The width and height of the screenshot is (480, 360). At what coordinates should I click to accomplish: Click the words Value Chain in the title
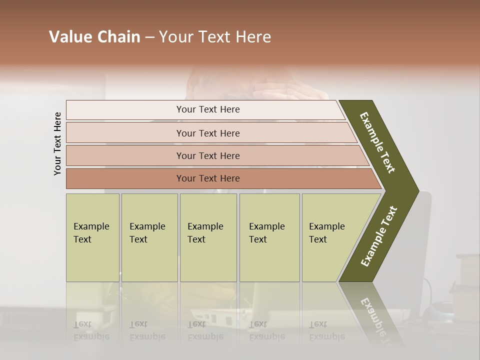[94, 37]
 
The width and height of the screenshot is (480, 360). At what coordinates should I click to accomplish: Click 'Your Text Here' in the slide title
[215, 37]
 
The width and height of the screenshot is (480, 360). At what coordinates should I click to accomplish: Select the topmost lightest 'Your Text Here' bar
[207, 109]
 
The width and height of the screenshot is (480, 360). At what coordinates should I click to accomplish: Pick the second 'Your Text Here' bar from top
[207, 133]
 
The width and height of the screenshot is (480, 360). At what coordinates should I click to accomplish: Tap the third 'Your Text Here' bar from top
[207, 155]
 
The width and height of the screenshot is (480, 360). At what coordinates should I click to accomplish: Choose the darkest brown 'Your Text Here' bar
[207, 178]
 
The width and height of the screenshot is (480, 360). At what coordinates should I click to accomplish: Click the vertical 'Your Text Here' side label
[57, 143]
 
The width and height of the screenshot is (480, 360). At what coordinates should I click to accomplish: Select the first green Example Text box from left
[92, 237]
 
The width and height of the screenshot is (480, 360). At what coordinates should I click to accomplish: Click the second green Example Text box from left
[149, 237]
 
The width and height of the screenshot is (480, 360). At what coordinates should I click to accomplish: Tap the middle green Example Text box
[208, 237]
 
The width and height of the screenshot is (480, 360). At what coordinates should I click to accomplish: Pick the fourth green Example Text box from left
[269, 237]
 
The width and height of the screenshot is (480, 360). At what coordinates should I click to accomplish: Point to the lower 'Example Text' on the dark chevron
[378, 236]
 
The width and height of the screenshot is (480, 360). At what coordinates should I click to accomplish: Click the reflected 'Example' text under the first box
[91, 336]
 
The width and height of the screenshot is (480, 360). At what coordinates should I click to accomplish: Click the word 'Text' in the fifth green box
[318, 239]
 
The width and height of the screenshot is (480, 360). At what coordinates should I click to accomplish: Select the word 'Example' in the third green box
[205, 226]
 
